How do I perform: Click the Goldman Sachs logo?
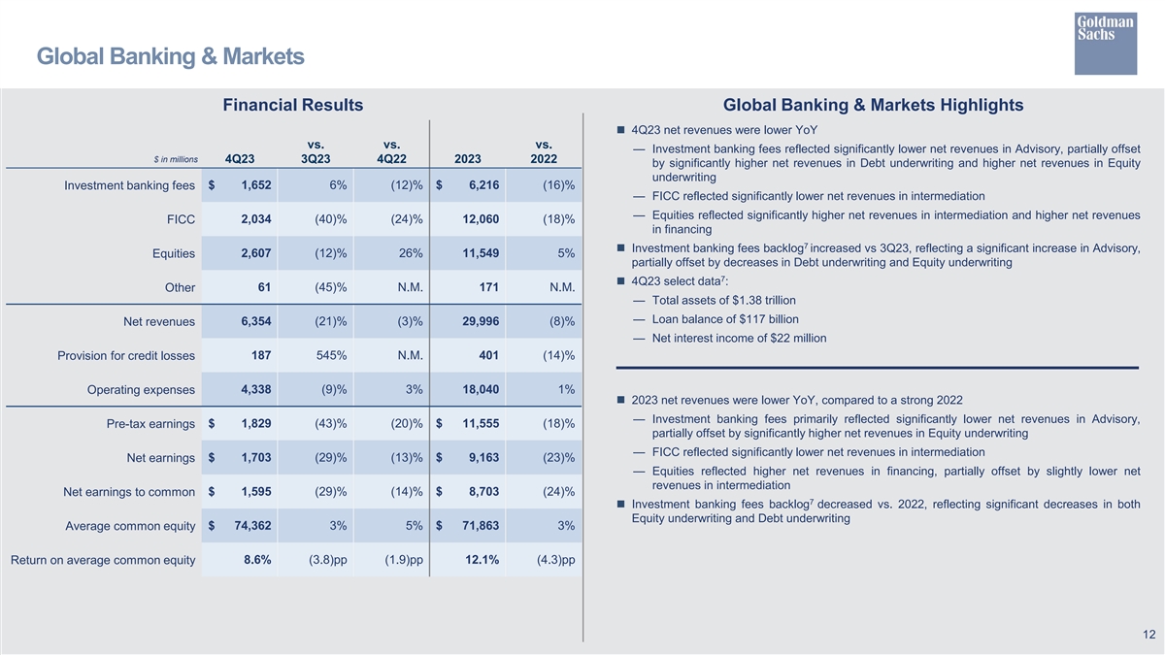tap(1105, 43)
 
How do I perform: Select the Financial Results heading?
tap(292, 105)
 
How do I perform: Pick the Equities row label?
tap(174, 254)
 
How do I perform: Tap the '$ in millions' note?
tap(176, 159)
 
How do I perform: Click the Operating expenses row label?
tap(141, 390)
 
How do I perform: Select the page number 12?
tap(1148, 635)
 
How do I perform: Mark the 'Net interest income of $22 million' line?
tap(739, 338)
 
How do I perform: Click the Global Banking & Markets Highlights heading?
tap(873, 105)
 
